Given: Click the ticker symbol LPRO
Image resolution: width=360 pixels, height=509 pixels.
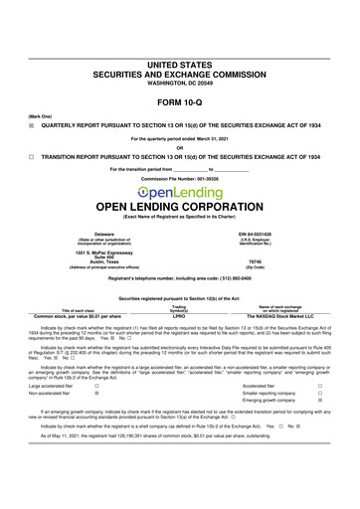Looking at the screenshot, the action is [180, 317].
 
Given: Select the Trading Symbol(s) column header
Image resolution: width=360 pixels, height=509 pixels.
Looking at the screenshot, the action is [180, 307].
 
